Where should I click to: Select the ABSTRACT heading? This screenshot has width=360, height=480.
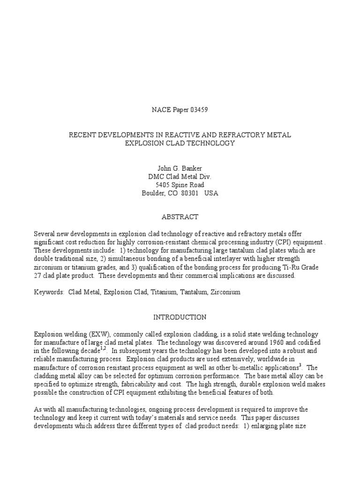[x=180, y=217]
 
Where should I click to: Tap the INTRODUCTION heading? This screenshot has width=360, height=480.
[x=180, y=317]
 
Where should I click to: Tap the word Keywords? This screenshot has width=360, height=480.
[x=49, y=292]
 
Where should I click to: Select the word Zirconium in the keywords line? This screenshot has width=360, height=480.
[x=225, y=292]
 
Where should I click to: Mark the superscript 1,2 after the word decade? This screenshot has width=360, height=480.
[x=104, y=348]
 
